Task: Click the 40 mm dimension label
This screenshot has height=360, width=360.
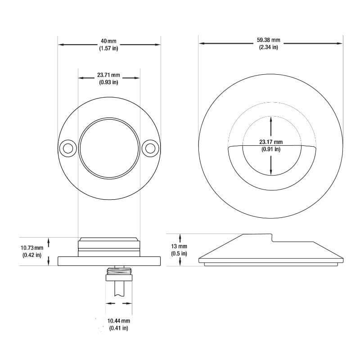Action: (108, 41)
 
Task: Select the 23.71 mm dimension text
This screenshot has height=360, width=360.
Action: (108, 75)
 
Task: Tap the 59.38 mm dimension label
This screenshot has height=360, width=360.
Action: (269, 40)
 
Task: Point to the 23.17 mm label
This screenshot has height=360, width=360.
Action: (270, 142)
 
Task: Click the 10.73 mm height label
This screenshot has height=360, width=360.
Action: (32, 248)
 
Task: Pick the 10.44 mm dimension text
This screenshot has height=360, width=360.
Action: (118, 321)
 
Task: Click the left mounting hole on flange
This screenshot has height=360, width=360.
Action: (68, 148)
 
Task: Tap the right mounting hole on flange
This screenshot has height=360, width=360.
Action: (150, 148)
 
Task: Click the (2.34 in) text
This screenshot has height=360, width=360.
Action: (269, 47)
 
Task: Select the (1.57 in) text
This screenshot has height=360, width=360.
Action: (108, 48)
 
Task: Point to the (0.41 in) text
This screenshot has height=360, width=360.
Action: (118, 328)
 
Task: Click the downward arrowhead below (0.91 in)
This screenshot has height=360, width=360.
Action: (271, 173)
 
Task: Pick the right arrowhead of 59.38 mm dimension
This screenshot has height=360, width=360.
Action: (340, 43)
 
